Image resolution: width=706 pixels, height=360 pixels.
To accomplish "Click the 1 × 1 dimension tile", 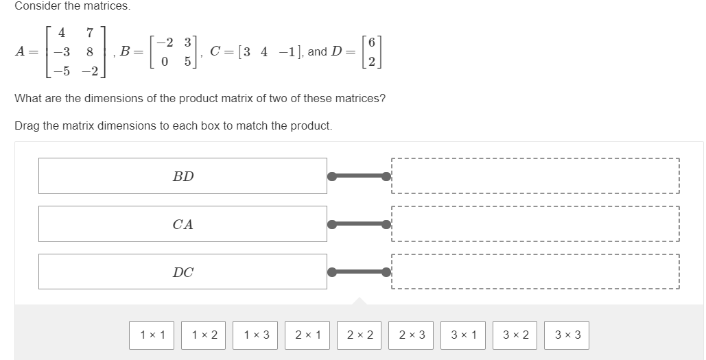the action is click(x=152, y=335).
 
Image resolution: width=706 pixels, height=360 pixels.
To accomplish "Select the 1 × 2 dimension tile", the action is click(x=204, y=335).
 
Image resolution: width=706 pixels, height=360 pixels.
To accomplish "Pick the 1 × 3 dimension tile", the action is click(x=256, y=335).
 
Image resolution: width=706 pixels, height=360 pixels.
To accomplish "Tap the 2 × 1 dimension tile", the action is click(x=307, y=335).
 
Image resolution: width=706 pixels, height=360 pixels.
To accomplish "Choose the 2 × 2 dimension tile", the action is click(x=360, y=335).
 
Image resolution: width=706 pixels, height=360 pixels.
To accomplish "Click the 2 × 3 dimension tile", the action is click(x=411, y=335).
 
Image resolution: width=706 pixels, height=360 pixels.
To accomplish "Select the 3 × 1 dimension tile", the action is click(x=463, y=335).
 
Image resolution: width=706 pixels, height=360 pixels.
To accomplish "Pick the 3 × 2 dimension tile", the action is click(x=515, y=335).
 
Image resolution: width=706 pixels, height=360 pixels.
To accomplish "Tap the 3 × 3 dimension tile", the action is click(x=567, y=335).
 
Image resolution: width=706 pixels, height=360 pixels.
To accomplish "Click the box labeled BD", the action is click(x=183, y=176).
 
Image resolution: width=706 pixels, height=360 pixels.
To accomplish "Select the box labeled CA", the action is click(x=183, y=224).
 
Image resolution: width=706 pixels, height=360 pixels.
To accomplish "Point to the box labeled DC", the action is click(x=183, y=272).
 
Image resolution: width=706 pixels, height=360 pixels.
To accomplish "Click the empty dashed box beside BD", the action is click(x=535, y=176).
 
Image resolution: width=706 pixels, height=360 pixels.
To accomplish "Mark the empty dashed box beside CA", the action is click(x=535, y=224).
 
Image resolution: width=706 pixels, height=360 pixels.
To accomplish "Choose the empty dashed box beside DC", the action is click(x=535, y=272).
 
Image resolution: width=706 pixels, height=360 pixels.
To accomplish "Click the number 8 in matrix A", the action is click(x=90, y=52).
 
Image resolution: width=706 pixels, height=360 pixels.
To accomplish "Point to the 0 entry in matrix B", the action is click(x=165, y=61).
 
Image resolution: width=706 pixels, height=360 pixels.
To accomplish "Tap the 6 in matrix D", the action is click(x=371, y=43).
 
